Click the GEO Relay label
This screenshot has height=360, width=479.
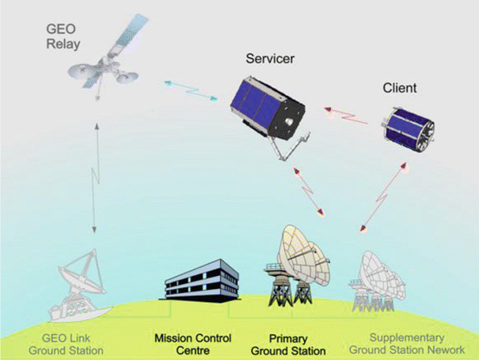[63, 36]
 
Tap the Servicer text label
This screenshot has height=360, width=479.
[270, 59]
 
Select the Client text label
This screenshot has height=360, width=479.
[399, 88]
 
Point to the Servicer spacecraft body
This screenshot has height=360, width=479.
[268, 109]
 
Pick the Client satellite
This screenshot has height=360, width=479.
[408, 129]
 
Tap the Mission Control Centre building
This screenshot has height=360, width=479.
[200, 281]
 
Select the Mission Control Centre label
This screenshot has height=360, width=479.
[193, 344]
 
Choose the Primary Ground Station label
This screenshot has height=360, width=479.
[288, 344]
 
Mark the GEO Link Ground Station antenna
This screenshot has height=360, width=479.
[81, 286]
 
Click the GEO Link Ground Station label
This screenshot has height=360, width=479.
[66, 344]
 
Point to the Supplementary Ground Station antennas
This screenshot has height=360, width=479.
[378, 280]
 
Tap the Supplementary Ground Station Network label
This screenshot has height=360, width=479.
[407, 344]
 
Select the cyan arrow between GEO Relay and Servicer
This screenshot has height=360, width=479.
[191, 91]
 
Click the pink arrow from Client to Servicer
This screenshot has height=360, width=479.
[346, 116]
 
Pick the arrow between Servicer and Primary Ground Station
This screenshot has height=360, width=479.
[308, 191]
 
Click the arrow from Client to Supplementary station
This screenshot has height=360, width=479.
[384, 197]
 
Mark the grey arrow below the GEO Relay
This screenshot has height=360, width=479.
[95, 178]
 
